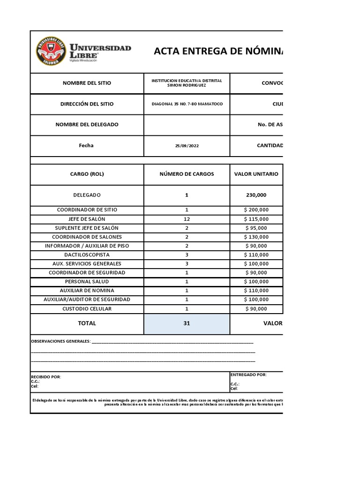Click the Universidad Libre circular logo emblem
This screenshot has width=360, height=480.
(x=51, y=52)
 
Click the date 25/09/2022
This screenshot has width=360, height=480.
(x=187, y=146)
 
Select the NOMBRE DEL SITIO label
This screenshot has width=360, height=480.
(x=87, y=83)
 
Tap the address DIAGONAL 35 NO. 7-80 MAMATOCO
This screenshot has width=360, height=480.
(x=187, y=104)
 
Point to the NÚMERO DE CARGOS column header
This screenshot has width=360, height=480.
(x=187, y=174)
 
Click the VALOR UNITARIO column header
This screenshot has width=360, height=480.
(x=256, y=174)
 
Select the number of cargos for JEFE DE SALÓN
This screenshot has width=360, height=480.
(x=187, y=219)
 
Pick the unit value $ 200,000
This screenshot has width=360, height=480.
(x=256, y=210)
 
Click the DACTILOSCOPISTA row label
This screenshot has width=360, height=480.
(x=87, y=255)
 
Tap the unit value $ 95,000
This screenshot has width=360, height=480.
(x=256, y=228)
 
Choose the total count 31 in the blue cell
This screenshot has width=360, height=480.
(x=187, y=323)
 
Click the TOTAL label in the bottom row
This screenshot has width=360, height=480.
(x=87, y=323)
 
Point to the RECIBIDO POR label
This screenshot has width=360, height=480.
(x=46, y=377)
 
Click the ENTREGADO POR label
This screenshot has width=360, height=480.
(x=248, y=375)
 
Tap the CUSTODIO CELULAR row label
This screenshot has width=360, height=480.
(x=87, y=308)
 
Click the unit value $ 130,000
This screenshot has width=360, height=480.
(x=256, y=237)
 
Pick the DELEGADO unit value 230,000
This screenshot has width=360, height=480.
(x=256, y=195)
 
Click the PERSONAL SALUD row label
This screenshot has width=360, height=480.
(x=87, y=281)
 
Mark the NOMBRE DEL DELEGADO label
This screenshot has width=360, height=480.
(x=87, y=125)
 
